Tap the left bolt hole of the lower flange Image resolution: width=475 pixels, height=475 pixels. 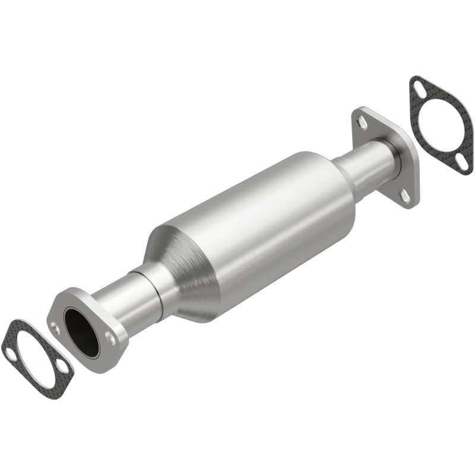(55, 325)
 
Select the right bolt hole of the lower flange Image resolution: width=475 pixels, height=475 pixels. (110, 337)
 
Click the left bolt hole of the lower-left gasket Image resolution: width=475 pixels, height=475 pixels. (11, 354)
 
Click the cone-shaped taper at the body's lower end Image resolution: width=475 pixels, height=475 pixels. (178, 267)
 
